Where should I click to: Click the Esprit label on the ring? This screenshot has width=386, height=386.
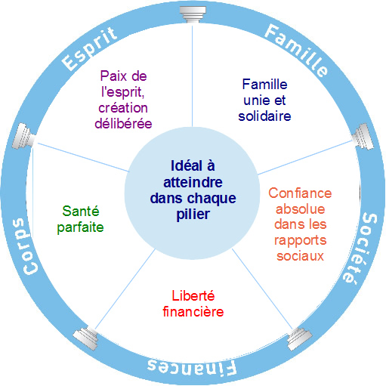(89, 48)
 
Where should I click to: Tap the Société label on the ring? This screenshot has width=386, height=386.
(361, 249)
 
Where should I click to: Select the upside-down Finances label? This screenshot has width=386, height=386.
(192, 368)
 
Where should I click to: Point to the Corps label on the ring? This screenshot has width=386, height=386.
(26, 246)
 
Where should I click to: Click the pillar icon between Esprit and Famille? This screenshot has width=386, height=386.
(193, 14)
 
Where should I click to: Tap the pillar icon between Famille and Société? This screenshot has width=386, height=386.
(363, 136)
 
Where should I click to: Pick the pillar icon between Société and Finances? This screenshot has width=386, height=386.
(300, 338)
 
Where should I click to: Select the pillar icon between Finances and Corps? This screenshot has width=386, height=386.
(85, 338)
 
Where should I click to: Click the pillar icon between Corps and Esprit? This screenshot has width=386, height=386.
(23, 136)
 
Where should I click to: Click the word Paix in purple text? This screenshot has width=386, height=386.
(112, 76)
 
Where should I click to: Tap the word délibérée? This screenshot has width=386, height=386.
(123, 124)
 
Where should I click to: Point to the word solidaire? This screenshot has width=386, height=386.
(264, 116)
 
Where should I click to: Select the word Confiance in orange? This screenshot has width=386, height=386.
(300, 193)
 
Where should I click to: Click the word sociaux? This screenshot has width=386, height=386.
(300, 256)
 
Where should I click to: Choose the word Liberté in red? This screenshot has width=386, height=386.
(193, 295)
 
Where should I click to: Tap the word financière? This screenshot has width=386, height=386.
(193, 311)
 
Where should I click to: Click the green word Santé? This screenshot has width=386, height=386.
(81, 211)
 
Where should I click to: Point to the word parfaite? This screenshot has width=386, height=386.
(80, 227)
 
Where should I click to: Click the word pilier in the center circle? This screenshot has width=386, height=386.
(193, 215)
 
